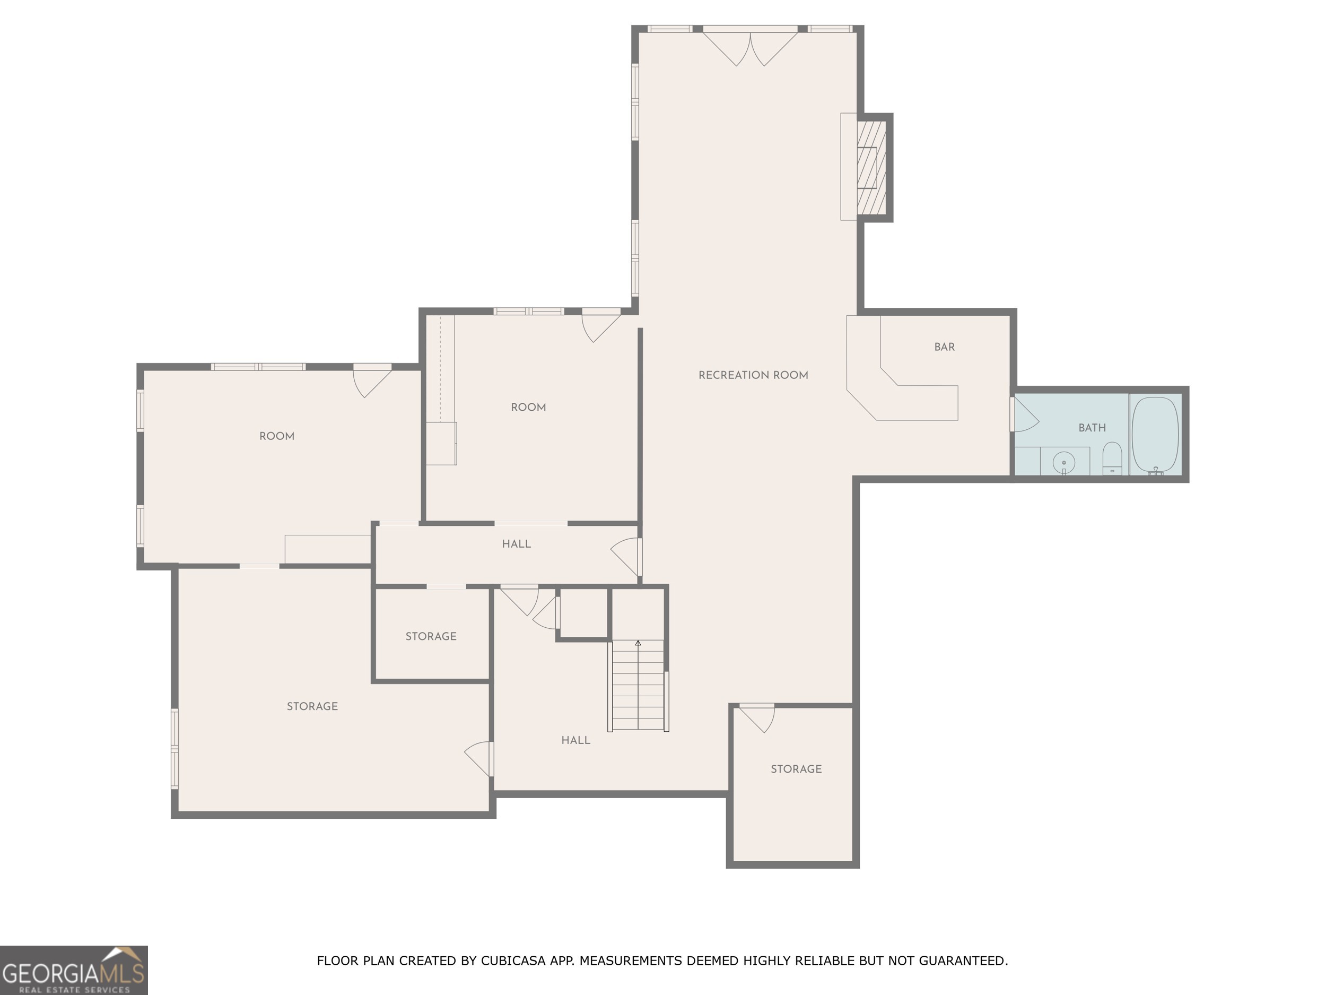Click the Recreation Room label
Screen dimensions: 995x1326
pos(753,375)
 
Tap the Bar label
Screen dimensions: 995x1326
pos(944,347)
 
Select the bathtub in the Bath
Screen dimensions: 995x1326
pos(1155,435)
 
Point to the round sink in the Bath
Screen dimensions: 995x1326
pos(1064,462)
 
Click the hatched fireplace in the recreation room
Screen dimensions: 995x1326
pos(870,167)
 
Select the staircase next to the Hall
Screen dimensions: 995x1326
pos(638,685)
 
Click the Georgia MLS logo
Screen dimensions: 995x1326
pos(73,970)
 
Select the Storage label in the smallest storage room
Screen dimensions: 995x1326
pos(430,636)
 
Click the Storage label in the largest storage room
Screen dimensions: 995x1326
pos(312,706)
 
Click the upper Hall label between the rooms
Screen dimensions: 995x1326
pos(516,544)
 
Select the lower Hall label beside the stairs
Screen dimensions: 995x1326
pos(575,740)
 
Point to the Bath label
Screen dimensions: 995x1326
pos(1092,428)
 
